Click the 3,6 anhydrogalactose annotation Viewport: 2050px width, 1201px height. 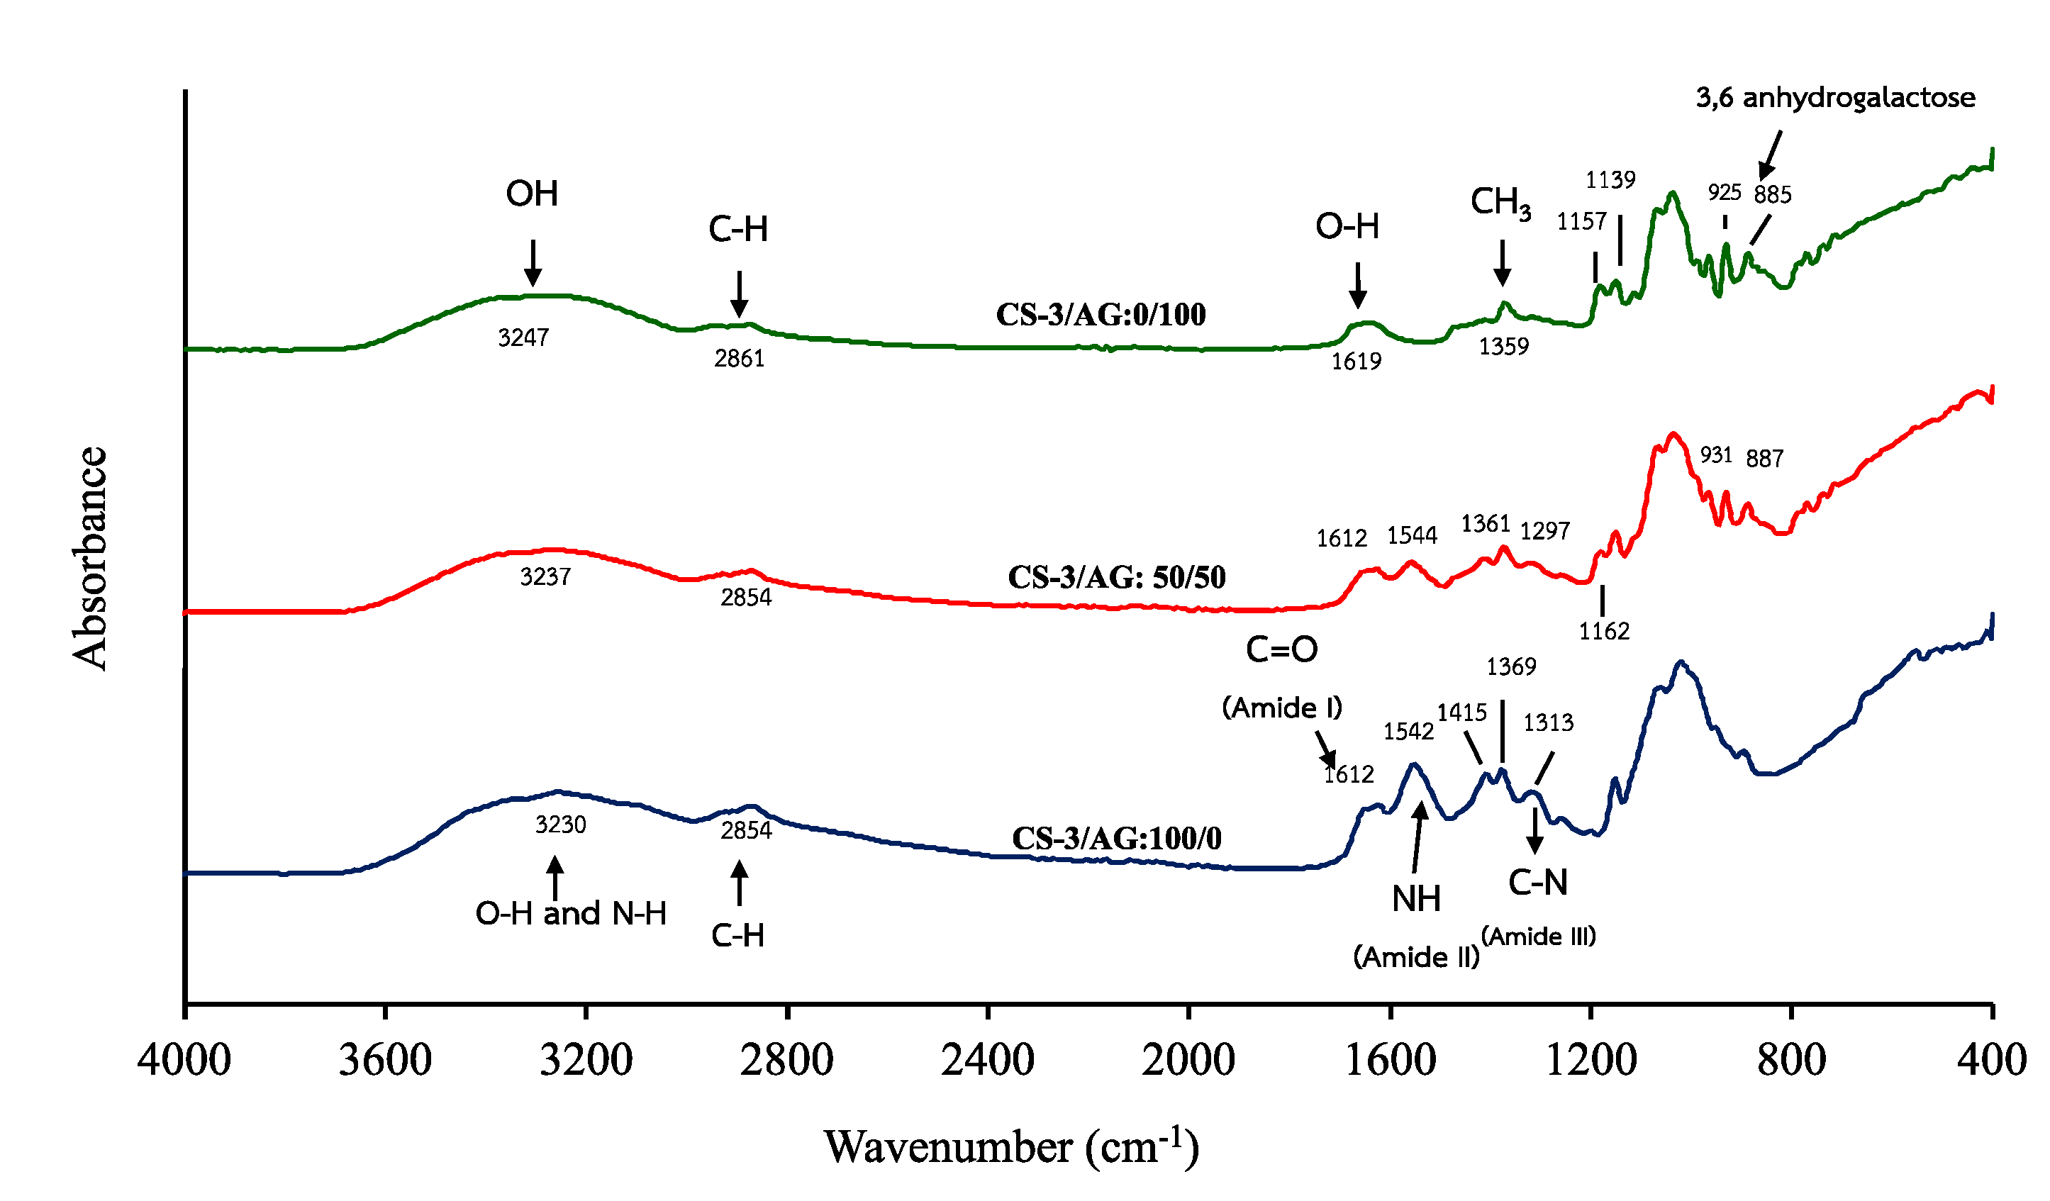[x=1834, y=98]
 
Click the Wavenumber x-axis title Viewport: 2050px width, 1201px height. [x=1011, y=1147]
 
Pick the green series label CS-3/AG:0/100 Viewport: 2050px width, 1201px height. [x=1100, y=315]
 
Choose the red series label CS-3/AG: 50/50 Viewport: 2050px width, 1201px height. [x=1116, y=577]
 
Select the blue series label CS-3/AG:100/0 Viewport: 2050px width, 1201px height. [x=1116, y=838]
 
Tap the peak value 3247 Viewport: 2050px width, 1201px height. [x=523, y=337]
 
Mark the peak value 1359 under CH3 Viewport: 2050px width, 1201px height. [x=1503, y=347]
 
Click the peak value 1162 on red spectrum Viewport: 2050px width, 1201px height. [x=1603, y=631]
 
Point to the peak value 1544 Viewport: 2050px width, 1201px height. [x=1411, y=535]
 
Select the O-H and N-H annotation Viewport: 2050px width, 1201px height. [x=570, y=913]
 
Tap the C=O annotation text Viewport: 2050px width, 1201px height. [x=1281, y=649]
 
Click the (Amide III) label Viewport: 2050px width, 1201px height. [x=1538, y=937]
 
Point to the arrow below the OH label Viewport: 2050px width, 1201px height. [x=532, y=262]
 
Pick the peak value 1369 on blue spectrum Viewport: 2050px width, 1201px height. [x=1510, y=666]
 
